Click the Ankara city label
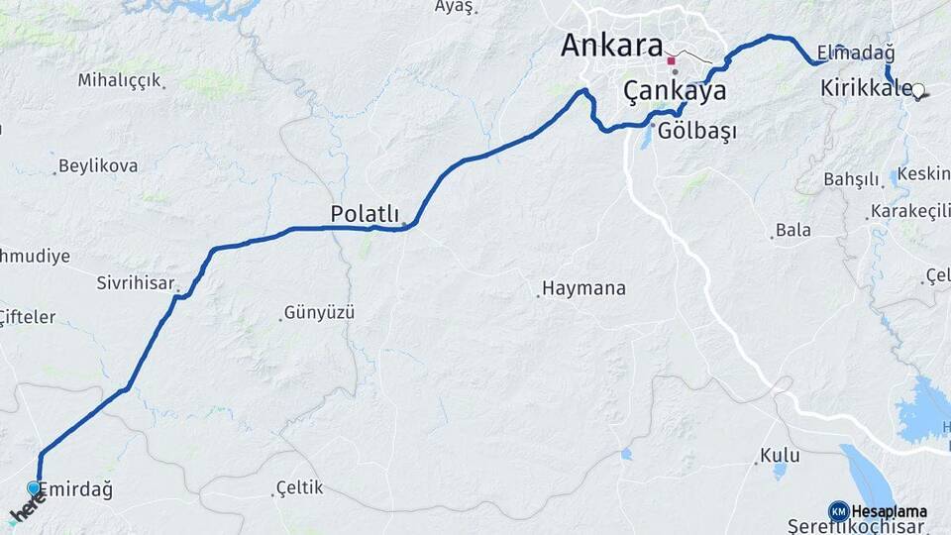click(611, 46)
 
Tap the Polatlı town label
click(365, 214)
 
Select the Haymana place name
click(583, 289)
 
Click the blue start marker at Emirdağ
click(34, 488)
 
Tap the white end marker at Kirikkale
click(917, 91)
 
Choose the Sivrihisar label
click(136, 282)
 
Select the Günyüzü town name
click(319, 312)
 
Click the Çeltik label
click(299, 488)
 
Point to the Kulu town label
click(780, 456)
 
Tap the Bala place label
click(792, 230)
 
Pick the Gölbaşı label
click(696, 131)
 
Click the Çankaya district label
click(675, 91)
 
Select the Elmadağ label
click(855, 52)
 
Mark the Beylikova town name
click(98, 165)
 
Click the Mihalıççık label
click(119, 80)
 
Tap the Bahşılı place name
click(851, 179)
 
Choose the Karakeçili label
click(909, 212)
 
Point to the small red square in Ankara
click(671, 60)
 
